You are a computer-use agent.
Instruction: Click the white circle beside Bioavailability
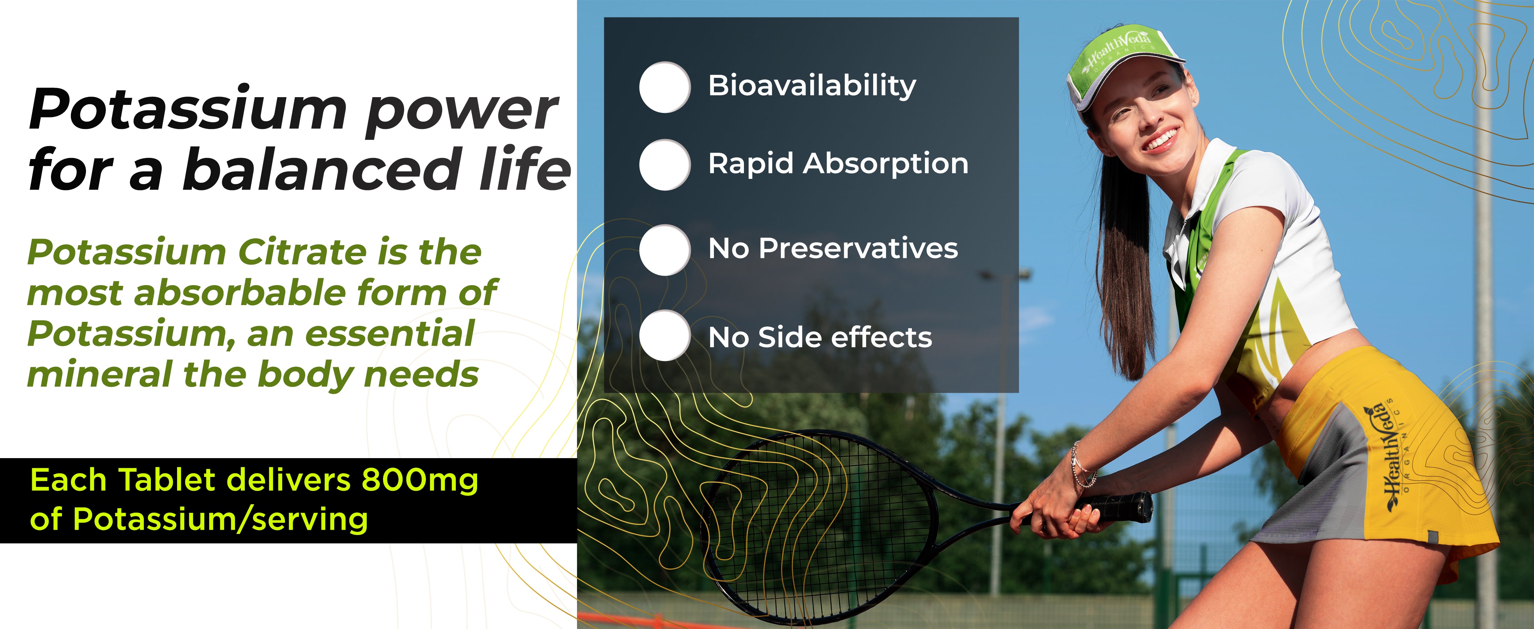point(665,87)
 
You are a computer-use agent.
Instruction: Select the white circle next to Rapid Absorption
point(665,164)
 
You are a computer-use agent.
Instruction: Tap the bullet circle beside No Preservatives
point(665,250)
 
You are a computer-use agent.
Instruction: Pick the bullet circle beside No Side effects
point(665,335)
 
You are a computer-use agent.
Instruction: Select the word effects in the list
point(881,337)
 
